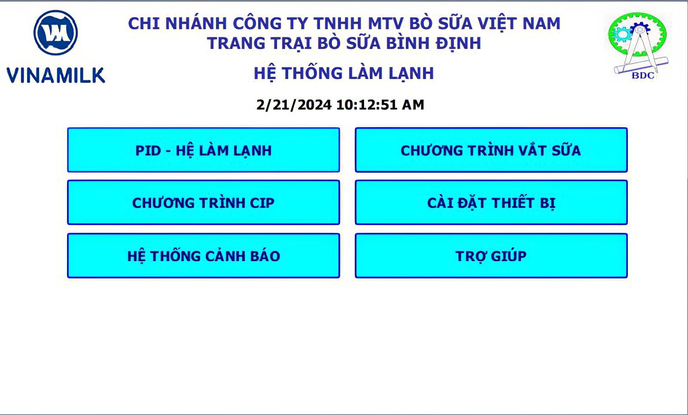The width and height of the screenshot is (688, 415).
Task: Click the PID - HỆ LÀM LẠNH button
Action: coord(204,150)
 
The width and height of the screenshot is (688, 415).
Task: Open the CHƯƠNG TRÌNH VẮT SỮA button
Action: coord(491,150)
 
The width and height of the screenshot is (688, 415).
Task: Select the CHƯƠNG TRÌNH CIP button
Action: coord(204,202)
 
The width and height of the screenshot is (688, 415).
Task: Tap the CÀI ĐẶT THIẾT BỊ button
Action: coord(491,202)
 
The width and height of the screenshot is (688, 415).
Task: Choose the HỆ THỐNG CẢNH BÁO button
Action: coord(204,256)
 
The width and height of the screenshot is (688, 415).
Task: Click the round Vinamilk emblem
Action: coord(55,33)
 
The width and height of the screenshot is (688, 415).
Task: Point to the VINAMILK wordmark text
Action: coord(56,75)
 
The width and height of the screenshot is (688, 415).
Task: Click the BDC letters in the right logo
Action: coord(643,76)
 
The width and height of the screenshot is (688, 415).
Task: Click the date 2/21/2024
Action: coord(294,105)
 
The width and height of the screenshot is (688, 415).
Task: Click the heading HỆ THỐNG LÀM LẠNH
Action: coord(344,73)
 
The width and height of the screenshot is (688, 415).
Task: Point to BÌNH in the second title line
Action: coord(408,43)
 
